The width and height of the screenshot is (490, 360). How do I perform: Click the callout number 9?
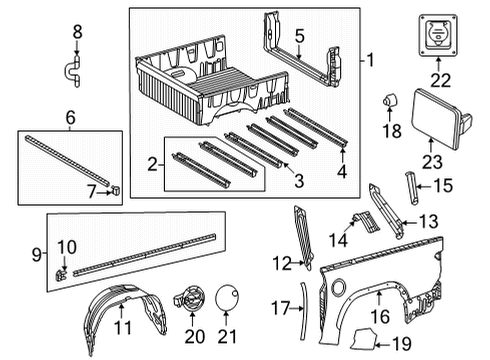pos(8,256)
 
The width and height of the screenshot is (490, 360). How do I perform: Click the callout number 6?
pos(69,118)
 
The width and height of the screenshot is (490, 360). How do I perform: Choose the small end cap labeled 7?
pos(116,186)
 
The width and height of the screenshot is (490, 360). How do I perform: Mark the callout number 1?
pos(369,62)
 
